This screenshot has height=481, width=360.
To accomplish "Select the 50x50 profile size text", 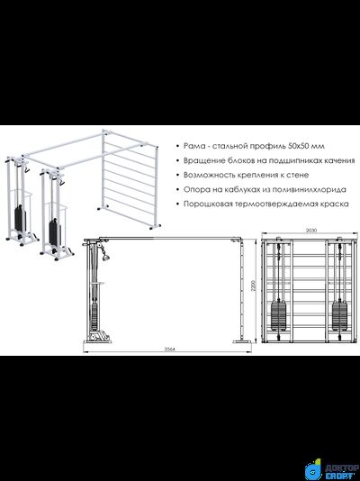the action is pyautogui.click(x=299, y=146).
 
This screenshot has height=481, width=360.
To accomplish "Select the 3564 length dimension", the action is pyautogui.click(x=169, y=349).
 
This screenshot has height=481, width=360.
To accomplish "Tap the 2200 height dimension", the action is pyautogui.click(x=254, y=286).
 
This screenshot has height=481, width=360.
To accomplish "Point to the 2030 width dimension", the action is pyautogui.click(x=310, y=230).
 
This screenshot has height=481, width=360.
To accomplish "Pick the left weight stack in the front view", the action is pyautogui.click(x=278, y=315).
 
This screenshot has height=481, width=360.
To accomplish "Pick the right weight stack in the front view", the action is pyautogui.click(x=340, y=315).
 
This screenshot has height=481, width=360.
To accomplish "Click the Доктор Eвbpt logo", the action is pyautogui.click(x=332, y=469).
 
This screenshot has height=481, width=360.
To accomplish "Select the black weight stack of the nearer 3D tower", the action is pyautogui.click(x=55, y=231).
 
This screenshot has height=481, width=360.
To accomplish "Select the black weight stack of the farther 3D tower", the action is pyautogui.click(x=20, y=218).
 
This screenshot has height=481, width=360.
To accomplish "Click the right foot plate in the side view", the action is pyautogui.click(x=242, y=341).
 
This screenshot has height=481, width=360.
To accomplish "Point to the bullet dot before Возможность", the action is pyautogui.click(x=177, y=175).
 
